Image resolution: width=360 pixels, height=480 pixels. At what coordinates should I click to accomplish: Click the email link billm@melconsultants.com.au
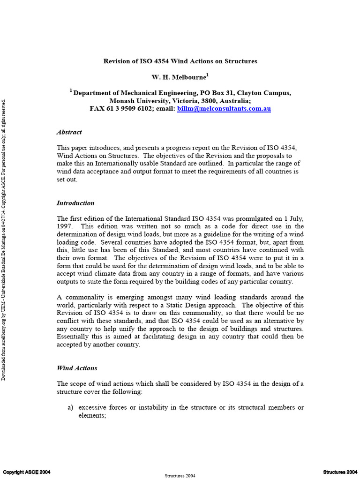click(x=224, y=109)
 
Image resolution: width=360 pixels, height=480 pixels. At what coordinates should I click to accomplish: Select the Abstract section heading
click(x=69, y=132)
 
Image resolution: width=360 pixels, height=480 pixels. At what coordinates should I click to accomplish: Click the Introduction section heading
click(x=75, y=203)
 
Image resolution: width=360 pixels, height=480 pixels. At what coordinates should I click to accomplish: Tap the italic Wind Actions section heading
click(x=77, y=368)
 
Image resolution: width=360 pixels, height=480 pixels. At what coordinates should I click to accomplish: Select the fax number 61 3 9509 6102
click(x=130, y=109)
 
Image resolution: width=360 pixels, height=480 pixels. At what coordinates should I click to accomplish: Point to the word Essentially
click(x=74, y=337)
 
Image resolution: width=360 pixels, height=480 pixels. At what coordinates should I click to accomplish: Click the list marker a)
click(x=71, y=407)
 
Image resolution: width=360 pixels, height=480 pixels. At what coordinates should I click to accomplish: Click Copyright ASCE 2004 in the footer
click(x=27, y=472)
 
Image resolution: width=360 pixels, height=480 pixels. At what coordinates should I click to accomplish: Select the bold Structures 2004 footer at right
click(x=340, y=472)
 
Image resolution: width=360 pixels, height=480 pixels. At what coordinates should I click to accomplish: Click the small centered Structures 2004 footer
click(x=180, y=475)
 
